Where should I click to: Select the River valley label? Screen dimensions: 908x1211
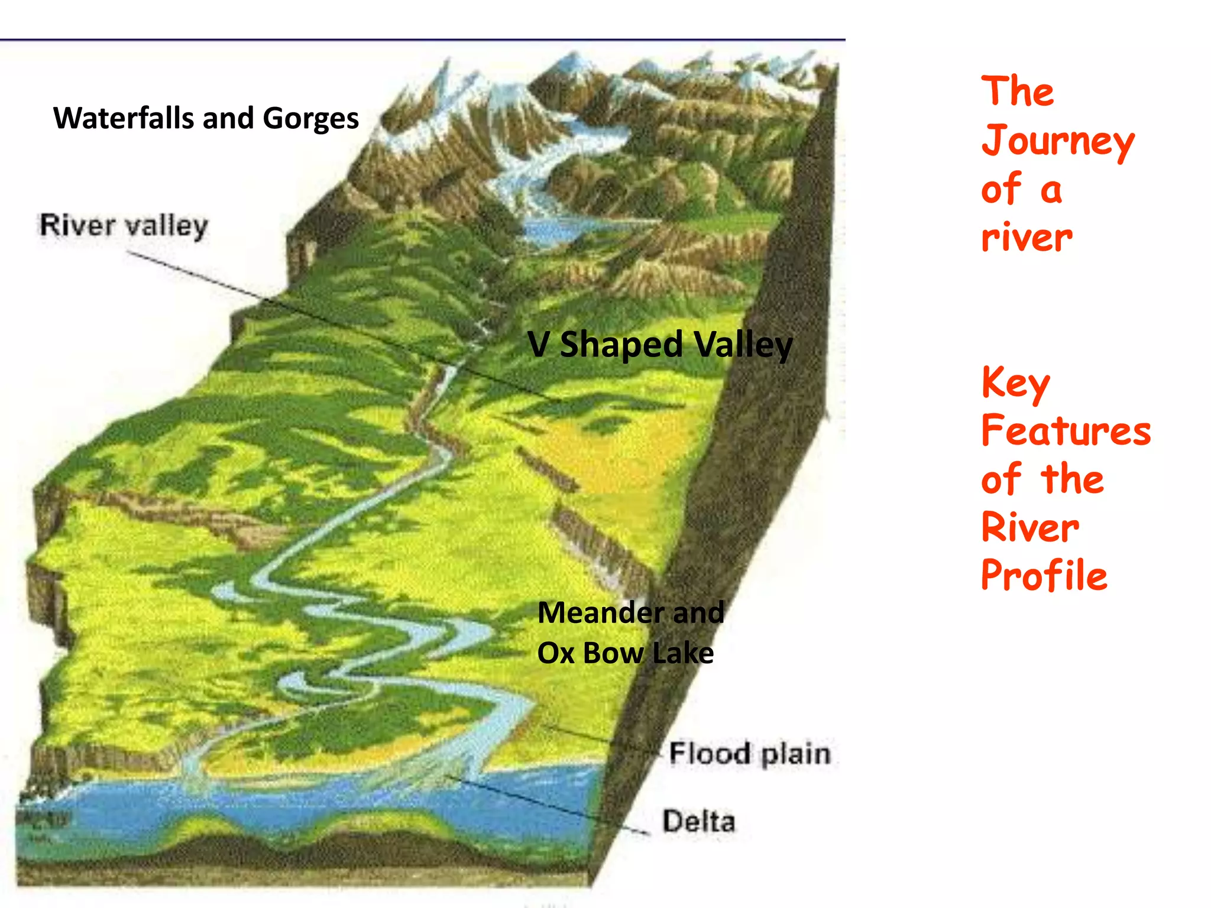point(124,226)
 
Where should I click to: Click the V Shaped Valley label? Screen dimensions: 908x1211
point(659,345)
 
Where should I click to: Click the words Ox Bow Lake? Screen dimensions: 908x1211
point(625,653)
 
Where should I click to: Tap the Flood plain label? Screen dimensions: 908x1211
point(749,754)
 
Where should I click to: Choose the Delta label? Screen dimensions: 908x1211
point(698,821)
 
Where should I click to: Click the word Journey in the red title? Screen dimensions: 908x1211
point(1057,142)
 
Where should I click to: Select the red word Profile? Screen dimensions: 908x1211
point(1044,575)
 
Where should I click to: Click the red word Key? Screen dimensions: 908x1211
point(1015,383)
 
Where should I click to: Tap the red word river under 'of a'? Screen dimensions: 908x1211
point(1027,238)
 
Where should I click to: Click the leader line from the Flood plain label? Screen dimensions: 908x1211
point(597,736)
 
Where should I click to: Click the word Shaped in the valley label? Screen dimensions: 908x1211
point(621,345)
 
